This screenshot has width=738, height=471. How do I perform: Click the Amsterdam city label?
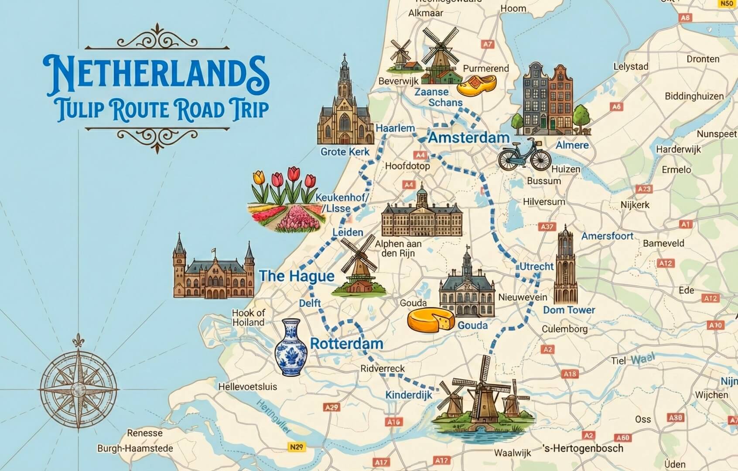[469, 138]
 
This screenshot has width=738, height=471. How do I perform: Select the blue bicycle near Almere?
[525, 155]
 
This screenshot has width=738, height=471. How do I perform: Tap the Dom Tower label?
[569, 310]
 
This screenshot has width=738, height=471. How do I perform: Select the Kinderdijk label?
[409, 395]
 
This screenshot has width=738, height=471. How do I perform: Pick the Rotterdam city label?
[346, 343]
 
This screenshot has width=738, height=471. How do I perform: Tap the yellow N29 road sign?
[297, 447]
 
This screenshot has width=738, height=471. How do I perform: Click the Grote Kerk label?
[345, 152]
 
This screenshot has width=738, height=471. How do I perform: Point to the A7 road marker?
[487, 44]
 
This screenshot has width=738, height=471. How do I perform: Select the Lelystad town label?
[630, 67]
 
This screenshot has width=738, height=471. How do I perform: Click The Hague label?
[297, 276]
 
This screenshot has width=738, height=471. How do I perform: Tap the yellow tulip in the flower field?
[259, 177]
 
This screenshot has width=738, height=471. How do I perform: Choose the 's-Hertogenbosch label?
[583, 448]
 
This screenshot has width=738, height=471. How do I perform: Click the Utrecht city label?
[536, 266]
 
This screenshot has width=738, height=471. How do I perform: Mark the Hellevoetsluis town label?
[247, 386]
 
